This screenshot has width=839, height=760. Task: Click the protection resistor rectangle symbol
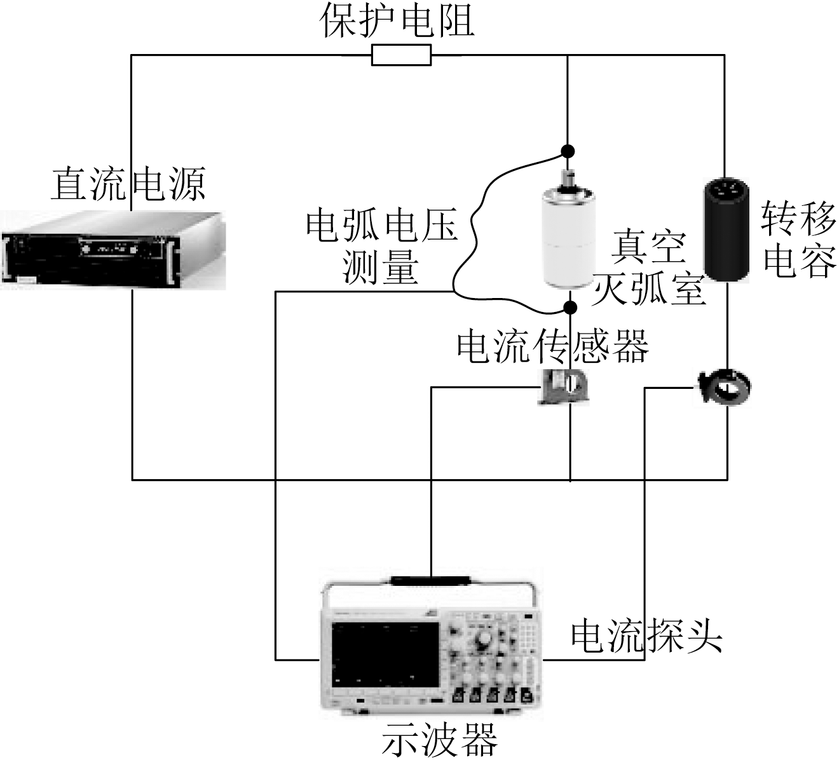[x=401, y=55]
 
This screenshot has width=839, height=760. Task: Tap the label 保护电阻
[x=397, y=20]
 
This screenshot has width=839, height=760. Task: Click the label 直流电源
[x=128, y=184]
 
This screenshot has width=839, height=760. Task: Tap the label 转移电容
[x=799, y=239]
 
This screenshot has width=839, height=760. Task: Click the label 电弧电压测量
[x=381, y=245]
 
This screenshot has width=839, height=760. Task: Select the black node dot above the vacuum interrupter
[x=568, y=151]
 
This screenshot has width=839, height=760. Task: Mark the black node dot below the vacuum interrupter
[x=571, y=308]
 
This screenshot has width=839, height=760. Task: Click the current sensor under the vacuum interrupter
[x=565, y=386]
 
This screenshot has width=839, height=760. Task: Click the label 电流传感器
[x=553, y=346]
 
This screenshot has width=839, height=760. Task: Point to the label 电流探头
[x=646, y=635]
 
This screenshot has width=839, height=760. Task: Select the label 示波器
[x=439, y=740]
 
